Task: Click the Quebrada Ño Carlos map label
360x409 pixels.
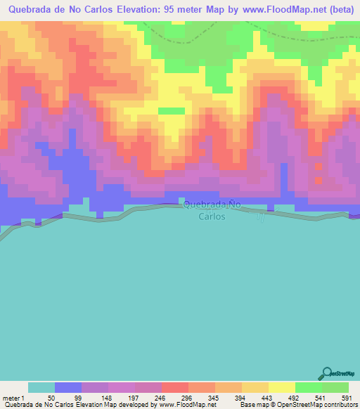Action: point(205,210)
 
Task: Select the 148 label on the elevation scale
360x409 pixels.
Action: point(108,396)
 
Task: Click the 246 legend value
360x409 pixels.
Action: point(161,396)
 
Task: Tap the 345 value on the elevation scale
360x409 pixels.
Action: point(214,396)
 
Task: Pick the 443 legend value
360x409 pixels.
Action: point(268,396)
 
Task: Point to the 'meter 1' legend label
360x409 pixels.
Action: point(13,396)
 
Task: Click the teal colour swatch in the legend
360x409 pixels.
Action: point(41,387)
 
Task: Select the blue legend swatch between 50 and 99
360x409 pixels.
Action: point(68,387)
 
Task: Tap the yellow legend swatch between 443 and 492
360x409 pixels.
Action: point(281,387)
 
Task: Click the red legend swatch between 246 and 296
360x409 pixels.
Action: point(174,387)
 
